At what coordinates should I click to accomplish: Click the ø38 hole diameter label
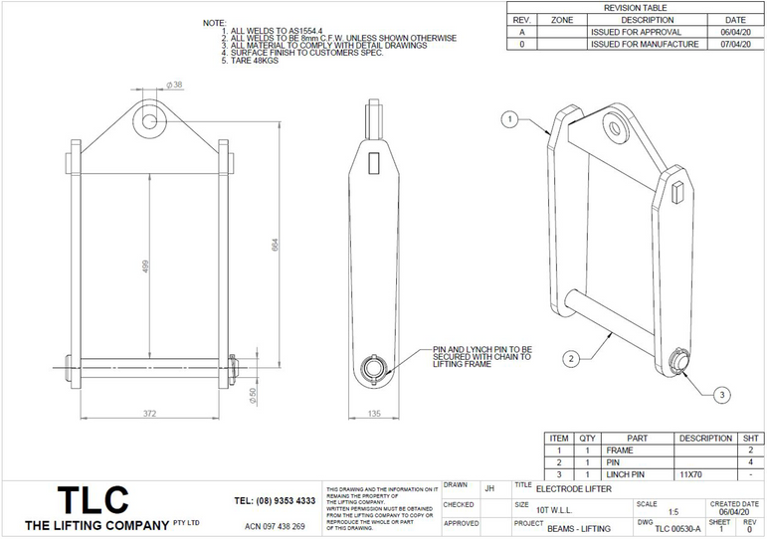tap(175, 86)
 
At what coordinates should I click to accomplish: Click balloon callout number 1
tap(509, 119)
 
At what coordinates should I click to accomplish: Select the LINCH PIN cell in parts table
tap(626, 475)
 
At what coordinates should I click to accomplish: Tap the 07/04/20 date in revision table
tap(734, 45)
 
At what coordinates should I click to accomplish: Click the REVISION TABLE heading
tap(636, 7)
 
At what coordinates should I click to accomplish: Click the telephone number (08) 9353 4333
tap(275, 500)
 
